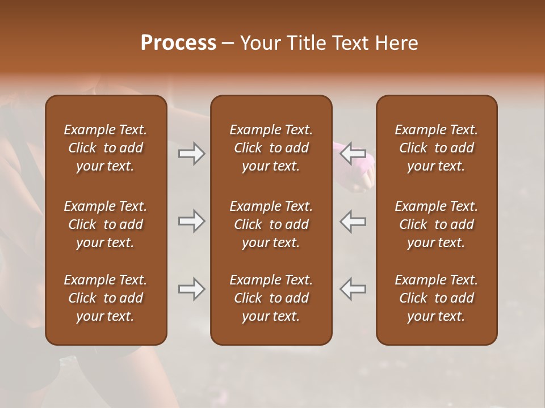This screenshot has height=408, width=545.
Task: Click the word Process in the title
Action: point(178,42)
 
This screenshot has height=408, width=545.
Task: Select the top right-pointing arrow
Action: point(191,154)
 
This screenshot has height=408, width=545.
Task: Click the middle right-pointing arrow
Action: point(191,221)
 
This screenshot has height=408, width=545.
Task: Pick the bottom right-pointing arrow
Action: point(191,289)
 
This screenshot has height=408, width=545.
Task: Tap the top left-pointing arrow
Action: point(353,154)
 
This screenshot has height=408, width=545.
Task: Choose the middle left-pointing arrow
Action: point(353,221)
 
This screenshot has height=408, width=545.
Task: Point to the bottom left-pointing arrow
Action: point(353,289)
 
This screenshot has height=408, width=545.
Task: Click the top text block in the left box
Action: point(106,148)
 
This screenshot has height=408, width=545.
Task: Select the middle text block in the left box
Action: point(106,224)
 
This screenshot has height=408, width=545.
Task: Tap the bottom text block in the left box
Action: point(106,298)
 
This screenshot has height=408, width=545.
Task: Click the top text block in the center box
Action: point(271,148)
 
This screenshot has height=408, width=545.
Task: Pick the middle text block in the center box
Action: point(271,224)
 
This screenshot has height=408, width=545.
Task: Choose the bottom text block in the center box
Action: point(271,298)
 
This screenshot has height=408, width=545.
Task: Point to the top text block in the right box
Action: point(437,148)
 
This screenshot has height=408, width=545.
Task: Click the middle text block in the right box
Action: point(437,224)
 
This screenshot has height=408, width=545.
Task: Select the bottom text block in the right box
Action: point(437,298)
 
